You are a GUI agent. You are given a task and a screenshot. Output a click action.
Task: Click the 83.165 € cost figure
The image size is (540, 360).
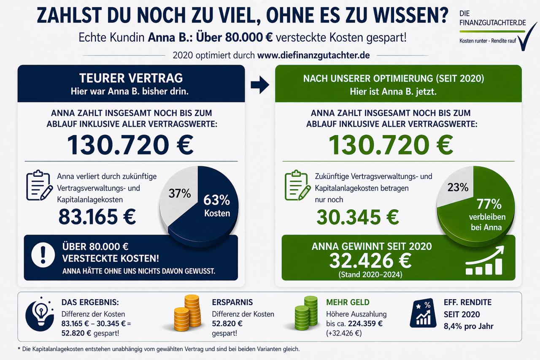pyautogui.click(x=97, y=217)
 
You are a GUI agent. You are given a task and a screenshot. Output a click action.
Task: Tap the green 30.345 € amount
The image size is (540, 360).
pyautogui.click(x=357, y=217)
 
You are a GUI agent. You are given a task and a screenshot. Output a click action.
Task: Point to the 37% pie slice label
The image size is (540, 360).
pyautogui.click(x=180, y=194)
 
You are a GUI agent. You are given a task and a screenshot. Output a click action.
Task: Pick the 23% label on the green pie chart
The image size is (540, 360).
pyautogui.click(x=458, y=187)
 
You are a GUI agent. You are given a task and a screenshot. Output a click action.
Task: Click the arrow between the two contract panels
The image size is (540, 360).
pyautogui.click(x=259, y=85)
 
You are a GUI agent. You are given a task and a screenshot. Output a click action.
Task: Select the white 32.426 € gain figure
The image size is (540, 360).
pyautogui.click(x=370, y=261)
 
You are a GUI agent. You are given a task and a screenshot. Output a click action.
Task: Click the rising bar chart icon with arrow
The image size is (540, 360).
pyautogui.click(x=484, y=262)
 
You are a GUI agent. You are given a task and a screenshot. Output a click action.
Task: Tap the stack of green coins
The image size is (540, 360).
pyautogui.click(x=306, y=313)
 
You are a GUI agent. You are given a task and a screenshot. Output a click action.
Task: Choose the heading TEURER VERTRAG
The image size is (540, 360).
pyautogui.click(x=131, y=78)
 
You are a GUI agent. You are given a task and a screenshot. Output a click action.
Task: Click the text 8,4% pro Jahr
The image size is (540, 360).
pyautogui.click(x=468, y=326)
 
